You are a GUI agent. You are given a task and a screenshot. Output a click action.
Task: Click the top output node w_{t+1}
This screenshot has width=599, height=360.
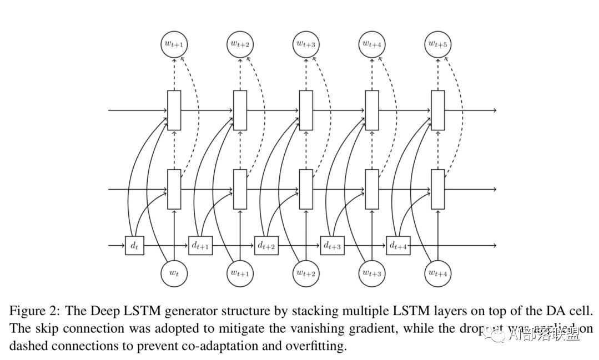pos(174,43)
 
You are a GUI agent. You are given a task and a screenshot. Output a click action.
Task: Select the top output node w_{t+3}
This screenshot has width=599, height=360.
pos(306,43)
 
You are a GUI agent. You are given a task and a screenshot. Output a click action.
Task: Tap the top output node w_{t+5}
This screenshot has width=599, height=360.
pos(438,43)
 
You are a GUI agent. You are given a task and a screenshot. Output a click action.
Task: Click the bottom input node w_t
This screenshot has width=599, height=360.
pos(174,273)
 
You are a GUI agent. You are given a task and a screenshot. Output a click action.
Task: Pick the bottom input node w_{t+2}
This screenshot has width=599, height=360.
pos(306,273)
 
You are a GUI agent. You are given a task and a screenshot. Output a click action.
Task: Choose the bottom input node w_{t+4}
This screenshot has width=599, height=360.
pos(438,273)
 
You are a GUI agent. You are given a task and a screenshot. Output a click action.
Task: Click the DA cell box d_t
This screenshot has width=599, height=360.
pos(134,245)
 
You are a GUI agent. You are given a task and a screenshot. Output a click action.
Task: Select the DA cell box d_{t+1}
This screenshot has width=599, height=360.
pos(200,245)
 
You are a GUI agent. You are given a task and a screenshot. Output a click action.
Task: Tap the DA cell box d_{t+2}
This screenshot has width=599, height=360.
pos(266,245)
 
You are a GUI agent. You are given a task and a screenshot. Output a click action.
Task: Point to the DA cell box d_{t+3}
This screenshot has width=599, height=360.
pos(332,245)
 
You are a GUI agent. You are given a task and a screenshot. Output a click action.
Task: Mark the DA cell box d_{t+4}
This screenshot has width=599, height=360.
pos(398,245)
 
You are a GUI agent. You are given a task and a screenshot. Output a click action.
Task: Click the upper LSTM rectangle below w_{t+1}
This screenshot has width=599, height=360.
pos(174,110)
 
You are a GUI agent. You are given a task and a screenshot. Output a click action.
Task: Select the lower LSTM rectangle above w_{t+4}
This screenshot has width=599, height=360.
pos(438,189)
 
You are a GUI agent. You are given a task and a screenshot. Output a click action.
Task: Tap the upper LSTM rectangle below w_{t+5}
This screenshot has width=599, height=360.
pos(438,110)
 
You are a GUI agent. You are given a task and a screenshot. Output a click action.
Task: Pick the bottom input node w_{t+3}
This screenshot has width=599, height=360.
pos(372,273)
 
